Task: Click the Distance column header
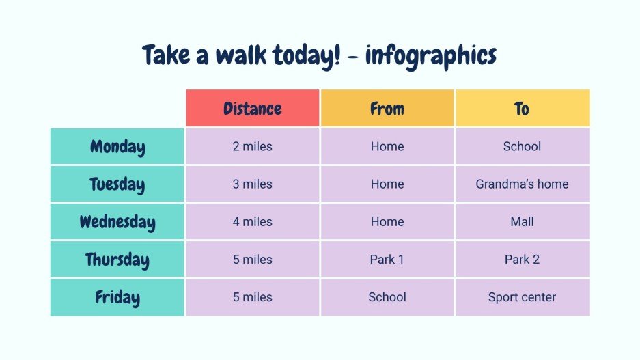(x=252, y=109)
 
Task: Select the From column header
(x=387, y=109)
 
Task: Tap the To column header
(x=522, y=109)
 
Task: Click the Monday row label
(x=117, y=147)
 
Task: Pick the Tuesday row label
(x=117, y=184)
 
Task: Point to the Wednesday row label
(x=117, y=222)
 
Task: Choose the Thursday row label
(x=117, y=260)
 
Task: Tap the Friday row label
(x=117, y=297)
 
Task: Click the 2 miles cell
(x=252, y=146)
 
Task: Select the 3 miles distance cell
(x=252, y=184)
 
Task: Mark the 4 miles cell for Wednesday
(x=252, y=221)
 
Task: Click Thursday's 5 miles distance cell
(x=252, y=260)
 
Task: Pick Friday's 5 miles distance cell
(x=252, y=297)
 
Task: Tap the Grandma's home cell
(x=522, y=184)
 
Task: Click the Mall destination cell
(x=522, y=221)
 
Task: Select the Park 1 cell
(x=387, y=260)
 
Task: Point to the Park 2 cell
(x=522, y=260)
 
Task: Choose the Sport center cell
(x=522, y=297)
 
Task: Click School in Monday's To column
(x=522, y=146)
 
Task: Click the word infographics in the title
(x=430, y=55)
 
